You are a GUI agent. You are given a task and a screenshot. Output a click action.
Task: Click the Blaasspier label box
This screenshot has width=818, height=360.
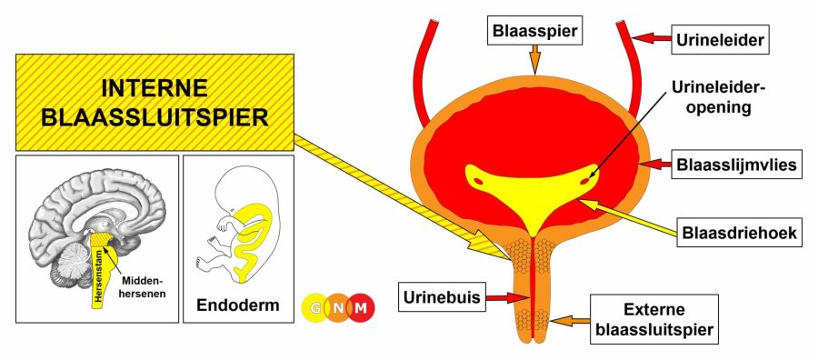point(534,30)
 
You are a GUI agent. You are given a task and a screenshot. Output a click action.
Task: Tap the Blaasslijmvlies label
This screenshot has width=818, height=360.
point(736,165)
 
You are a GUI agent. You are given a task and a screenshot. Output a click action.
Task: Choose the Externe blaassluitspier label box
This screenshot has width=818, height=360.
point(654,319)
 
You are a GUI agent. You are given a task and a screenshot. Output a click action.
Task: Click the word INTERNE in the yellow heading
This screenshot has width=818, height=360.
point(155,87)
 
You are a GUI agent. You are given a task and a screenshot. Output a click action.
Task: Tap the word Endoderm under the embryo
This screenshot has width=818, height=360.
point(238,305)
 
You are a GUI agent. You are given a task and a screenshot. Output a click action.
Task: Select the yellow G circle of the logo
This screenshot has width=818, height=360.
point(315,308)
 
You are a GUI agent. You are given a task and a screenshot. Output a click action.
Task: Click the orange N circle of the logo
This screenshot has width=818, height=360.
point(339,308)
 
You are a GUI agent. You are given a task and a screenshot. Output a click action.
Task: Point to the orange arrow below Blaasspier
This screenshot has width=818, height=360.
point(534,59)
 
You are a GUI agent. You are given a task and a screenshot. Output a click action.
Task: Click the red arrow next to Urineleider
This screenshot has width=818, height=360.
point(652,38)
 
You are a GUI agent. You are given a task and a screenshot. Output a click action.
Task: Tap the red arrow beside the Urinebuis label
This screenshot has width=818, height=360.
point(507,298)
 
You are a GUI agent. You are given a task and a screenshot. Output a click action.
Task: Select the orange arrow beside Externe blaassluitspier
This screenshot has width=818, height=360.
point(572,319)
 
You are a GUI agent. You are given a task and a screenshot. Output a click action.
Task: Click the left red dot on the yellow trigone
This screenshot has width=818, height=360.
point(478,181)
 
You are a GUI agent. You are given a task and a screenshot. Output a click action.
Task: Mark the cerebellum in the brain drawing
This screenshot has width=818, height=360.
point(74,262)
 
